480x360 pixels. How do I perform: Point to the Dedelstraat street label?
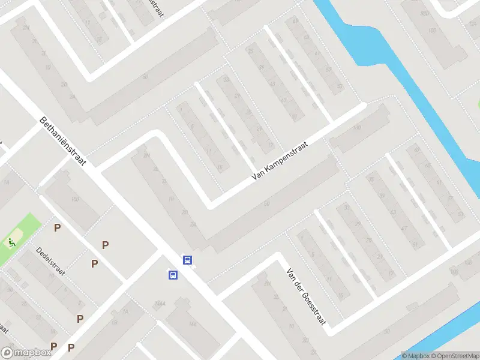tap(50, 260)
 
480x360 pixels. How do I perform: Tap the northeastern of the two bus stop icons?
tap(188, 260)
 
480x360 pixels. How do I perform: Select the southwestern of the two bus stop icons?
tap(173, 275)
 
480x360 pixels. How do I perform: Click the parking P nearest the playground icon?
tap(58, 227)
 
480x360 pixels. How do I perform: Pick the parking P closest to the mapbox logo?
tap(53, 346)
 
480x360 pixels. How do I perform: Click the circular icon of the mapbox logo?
tap(8, 352)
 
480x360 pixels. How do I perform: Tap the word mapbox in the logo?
tap(32, 353)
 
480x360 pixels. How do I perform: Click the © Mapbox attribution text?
tap(415, 356)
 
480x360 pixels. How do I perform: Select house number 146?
tap(193, 324)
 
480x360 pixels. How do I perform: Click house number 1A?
tap(125, 311)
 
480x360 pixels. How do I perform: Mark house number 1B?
tap(114, 322)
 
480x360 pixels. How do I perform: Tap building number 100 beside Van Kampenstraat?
tap(357, 128)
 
